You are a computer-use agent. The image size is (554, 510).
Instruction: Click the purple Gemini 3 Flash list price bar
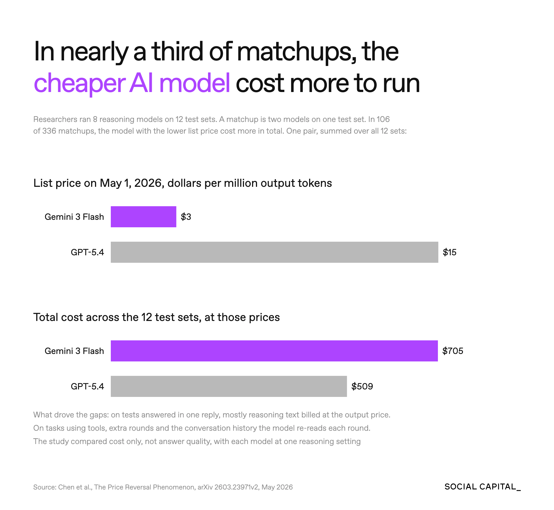point(143,217)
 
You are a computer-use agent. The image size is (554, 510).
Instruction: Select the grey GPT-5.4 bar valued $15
point(275,252)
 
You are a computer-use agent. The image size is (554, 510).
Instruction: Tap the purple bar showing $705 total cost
point(274,351)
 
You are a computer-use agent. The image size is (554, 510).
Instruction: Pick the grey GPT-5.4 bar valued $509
point(229,386)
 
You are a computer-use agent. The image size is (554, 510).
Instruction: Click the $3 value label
point(186,217)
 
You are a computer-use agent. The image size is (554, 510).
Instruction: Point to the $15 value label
point(449,252)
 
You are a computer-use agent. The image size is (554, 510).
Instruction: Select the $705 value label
point(453,351)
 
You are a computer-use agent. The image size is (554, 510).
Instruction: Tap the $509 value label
point(362,386)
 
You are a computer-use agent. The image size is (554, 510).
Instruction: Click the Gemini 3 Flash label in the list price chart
point(74,217)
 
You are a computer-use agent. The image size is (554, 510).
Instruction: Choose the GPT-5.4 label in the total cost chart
point(87,386)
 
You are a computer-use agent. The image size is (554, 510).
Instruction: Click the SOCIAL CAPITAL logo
point(483,487)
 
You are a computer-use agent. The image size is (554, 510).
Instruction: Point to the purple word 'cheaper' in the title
point(80,83)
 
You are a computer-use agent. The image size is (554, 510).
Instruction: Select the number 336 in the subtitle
point(49,131)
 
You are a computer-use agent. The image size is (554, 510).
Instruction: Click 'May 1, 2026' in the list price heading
point(131,183)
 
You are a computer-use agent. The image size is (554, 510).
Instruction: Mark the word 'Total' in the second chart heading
point(45,317)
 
